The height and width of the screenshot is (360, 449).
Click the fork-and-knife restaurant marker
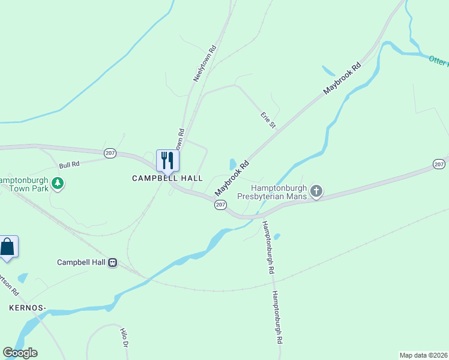(167, 160)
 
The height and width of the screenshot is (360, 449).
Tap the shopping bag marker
(7, 247)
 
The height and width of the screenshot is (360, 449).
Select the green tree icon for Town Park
(58, 182)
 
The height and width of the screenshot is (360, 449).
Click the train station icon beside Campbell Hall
(112, 262)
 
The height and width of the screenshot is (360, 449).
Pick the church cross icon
(316, 192)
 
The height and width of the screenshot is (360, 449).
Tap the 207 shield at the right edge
(439, 164)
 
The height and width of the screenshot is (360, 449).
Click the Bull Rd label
(69, 164)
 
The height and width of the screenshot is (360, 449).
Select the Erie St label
(268, 119)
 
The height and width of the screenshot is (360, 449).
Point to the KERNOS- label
(28, 308)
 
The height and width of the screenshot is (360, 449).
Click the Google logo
(20, 353)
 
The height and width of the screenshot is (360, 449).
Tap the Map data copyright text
(424, 355)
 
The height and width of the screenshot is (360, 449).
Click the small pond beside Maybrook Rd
(232, 164)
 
